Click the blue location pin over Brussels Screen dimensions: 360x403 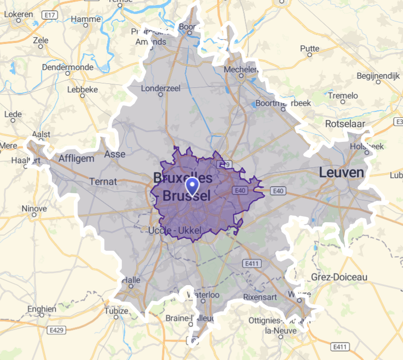click(x=192, y=187)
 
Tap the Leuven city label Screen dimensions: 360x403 click(x=342, y=173)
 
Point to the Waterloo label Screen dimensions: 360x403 click(x=203, y=295)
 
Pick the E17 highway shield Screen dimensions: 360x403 click(x=49, y=15)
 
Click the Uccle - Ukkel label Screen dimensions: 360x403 click(x=175, y=230)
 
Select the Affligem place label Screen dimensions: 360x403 click(x=76, y=158)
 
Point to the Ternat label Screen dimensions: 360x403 click(x=103, y=181)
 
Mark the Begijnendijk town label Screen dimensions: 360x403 click(x=379, y=76)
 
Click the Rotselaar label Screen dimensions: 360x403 click(x=345, y=123)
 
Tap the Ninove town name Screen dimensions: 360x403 click(x=34, y=206)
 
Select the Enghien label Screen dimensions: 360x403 click(x=42, y=309)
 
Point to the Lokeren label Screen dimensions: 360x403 click(x=18, y=14)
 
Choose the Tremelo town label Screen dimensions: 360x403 click(x=343, y=95)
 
